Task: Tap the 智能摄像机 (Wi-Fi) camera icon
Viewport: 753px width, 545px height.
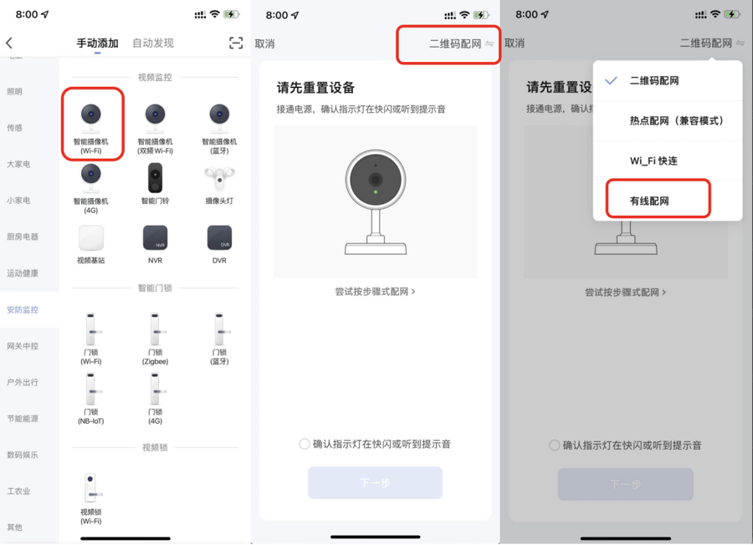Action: click(x=90, y=115)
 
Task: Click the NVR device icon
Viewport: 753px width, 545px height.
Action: click(x=155, y=238)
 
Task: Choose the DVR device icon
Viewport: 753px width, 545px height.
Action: click(x=219, y=238)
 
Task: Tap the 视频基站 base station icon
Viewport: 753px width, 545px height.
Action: click(x=90, y=238)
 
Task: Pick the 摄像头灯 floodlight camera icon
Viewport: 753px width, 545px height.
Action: click(x=219, y=176)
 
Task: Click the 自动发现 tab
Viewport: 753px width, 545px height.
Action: click(x=153, y=43)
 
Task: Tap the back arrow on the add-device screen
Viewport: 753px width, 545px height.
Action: click(x=9, y=43)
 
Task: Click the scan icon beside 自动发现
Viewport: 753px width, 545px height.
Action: click(x=236, y=43)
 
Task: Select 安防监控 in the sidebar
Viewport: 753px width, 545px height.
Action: click(x=23, y=309)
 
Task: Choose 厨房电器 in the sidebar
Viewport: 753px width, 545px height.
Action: click(x=23, y=237)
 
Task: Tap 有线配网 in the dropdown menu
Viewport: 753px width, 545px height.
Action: click(x=650, y=201)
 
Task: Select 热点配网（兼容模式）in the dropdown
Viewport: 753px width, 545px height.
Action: click(x=676, y=121)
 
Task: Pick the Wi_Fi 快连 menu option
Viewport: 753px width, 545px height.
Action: click(x=653, y=161)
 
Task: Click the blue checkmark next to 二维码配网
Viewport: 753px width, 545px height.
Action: click(x=611, y=81)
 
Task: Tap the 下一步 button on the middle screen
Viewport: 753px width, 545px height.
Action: click(x=375, y=483)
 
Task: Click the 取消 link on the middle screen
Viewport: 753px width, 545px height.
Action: click(x=264, y=43)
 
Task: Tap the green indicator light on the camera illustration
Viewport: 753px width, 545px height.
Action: click(x=376, y=192)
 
